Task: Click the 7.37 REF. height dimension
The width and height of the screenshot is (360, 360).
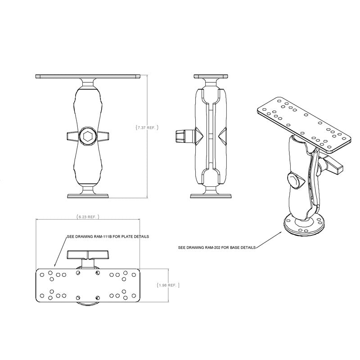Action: point(147,127)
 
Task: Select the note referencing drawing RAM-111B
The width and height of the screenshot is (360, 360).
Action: point(107,236)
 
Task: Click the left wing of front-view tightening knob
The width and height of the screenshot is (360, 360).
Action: point(72,136)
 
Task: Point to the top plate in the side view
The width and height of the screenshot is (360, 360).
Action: point(211,76)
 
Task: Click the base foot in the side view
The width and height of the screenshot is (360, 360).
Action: point(211,195)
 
